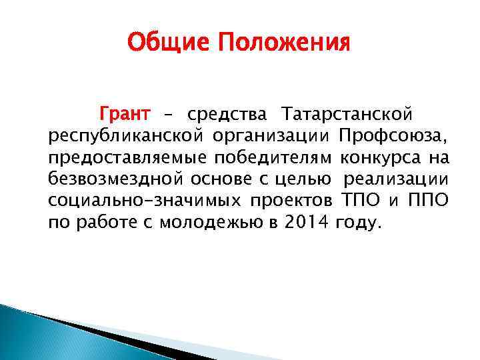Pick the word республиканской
117,137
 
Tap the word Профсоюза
393,137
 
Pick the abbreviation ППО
429,201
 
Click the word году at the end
360,222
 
